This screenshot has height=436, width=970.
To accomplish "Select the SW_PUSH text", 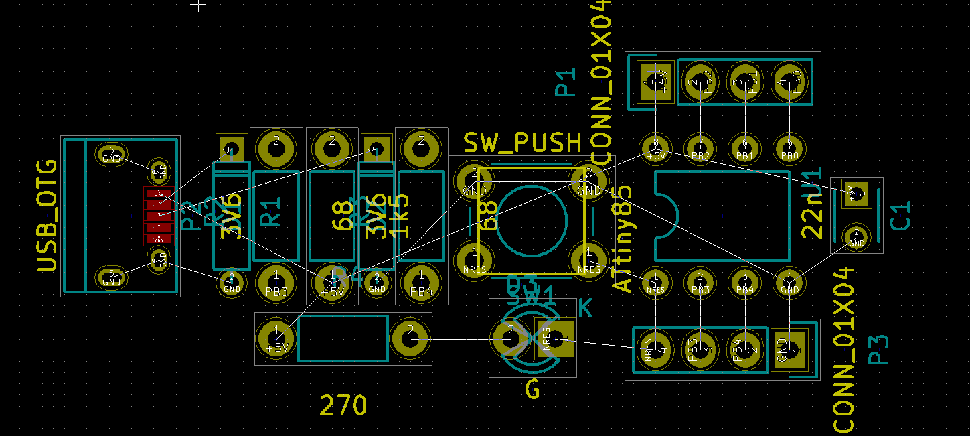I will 523,143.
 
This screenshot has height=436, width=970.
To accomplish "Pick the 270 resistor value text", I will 343,406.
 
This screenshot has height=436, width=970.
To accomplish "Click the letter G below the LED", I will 533,389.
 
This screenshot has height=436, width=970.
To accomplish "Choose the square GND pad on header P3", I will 790,349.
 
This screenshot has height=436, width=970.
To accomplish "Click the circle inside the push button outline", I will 530,222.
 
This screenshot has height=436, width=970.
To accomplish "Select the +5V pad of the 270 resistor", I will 276,340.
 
